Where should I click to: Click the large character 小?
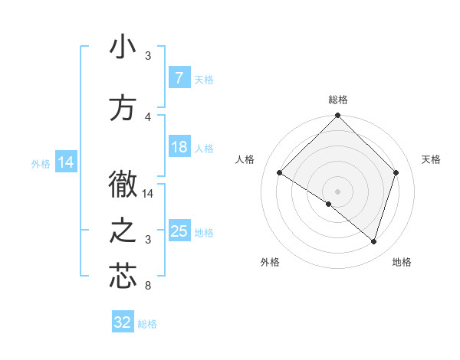[123, 47]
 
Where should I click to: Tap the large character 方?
[123, 108]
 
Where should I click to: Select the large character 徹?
[123, 185]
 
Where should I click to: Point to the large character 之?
[123, 231]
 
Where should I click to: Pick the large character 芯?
[123, 277]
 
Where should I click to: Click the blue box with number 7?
[179, 78]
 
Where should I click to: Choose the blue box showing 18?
[179, 147]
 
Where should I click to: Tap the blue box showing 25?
[179, 231]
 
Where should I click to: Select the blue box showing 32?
[123, 322]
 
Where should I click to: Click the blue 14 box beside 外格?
[66, 162]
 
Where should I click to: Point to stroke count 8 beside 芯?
[147, 286]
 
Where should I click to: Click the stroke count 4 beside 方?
[148, 117]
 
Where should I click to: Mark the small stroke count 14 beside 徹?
[148, 194]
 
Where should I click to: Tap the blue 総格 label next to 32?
[147, 324]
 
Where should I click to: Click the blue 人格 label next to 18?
[204, 149]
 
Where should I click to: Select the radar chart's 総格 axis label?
[337, 100]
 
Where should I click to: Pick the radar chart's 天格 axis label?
[431, 159]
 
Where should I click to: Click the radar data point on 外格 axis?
[329, 204]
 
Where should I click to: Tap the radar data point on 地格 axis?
[373, 241]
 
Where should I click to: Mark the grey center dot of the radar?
[337, 191]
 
